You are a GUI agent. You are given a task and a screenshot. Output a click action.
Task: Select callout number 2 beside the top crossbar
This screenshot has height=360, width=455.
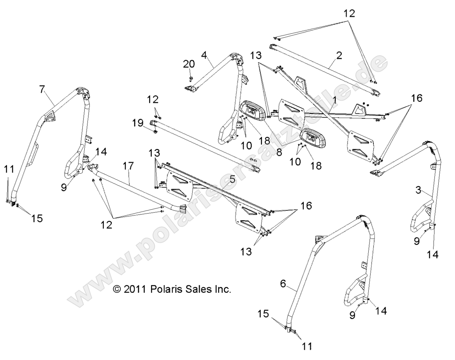pyautogui.click(x=339, y=56)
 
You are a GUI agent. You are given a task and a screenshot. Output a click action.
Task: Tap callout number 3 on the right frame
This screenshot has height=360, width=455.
pyautogui.click(x=418, y=190)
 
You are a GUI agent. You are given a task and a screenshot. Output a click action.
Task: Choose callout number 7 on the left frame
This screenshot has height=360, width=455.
pyautogui.click(x=42, y=89)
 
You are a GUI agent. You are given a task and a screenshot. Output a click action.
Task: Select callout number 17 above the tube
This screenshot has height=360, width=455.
pyautogui.click(x=128, y=166)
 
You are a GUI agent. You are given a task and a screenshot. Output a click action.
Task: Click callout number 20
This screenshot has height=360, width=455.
pyautogui.click(x=190, y=64)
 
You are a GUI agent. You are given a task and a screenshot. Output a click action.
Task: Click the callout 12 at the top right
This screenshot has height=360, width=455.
pyautogui.click(x=349, y=14)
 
